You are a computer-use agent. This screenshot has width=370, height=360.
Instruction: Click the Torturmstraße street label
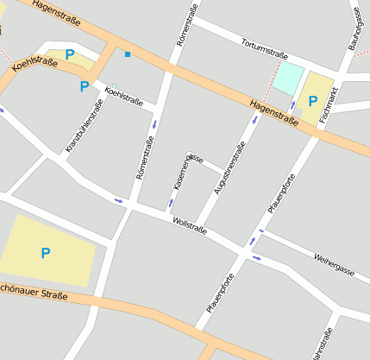(265, 48)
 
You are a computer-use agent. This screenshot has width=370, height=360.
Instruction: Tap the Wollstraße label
(190, 226)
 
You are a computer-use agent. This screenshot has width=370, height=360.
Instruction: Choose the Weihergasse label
(335, 264)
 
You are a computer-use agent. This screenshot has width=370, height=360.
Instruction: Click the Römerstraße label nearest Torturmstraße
(187, 24)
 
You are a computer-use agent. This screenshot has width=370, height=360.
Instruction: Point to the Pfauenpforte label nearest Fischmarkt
(282, 193)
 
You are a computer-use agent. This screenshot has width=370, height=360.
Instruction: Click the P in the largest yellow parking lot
(45, 253)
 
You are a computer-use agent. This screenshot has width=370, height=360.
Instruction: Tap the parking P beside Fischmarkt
(312, 100)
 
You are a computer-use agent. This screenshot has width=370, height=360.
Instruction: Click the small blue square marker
(127, 54)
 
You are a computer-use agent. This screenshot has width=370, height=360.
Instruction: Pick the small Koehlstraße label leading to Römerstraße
(123, 96)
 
